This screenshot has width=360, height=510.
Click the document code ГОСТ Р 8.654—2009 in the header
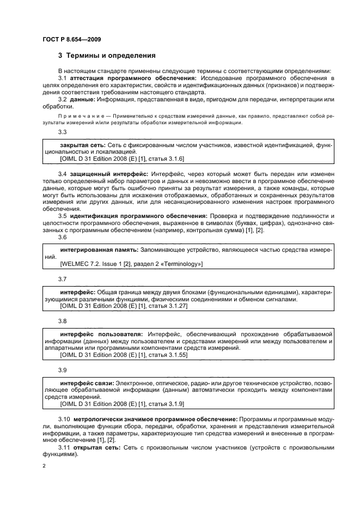point(71,39)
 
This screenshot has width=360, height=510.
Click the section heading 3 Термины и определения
point(107,56)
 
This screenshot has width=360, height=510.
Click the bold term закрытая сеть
point(81,145)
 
